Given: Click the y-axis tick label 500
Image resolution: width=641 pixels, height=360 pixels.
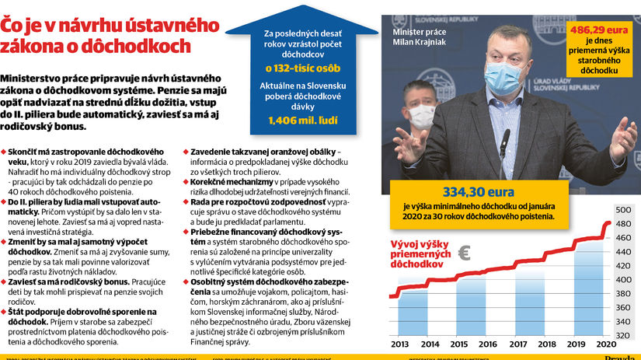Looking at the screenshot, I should [623, 211].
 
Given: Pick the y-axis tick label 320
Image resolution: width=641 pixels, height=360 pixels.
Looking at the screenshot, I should [623, 336].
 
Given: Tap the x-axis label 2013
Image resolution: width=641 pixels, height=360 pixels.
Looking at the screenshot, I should [400, 344].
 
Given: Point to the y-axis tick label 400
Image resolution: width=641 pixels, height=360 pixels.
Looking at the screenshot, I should [623, 280].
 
